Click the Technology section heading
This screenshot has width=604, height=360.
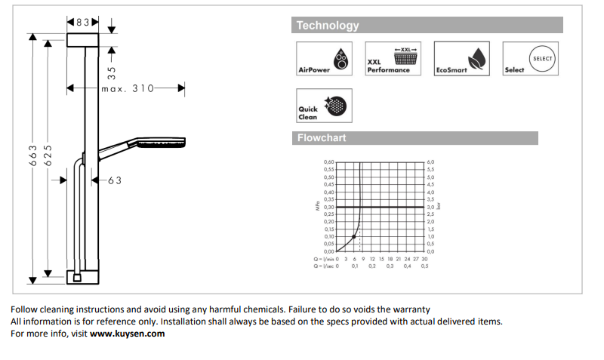point(328,26)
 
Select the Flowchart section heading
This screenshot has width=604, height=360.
point(322,138)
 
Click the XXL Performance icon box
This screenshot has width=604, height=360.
point(393,58)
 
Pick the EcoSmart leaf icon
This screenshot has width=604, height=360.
point(475,59)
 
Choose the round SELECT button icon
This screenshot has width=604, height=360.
point(542,58)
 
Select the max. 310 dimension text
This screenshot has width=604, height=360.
point(128,89)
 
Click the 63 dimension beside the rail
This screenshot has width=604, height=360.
point(114,180)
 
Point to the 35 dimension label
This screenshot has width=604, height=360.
point(112,73)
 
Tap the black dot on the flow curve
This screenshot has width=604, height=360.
point(353,237)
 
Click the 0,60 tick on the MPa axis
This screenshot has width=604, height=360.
point(328,162)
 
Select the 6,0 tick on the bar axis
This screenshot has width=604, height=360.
point(430,162)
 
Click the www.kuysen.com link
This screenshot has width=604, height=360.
point(127,333)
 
